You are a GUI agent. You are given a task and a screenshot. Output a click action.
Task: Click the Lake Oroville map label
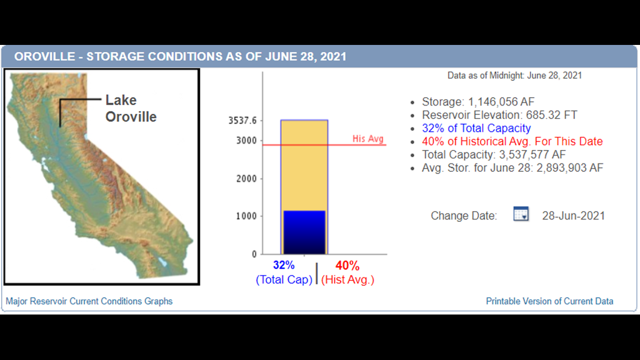131,108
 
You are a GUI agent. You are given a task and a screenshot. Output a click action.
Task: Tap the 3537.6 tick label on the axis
243,120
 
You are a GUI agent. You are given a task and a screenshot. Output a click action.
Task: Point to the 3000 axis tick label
246,140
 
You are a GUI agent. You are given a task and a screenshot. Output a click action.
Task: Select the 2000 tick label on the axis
246,179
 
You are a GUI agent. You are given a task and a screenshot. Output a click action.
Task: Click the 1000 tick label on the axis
246,216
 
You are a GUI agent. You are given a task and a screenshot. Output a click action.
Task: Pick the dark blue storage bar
304,233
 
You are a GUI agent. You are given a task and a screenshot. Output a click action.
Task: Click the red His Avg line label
368,139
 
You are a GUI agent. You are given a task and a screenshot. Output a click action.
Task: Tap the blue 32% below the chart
284,265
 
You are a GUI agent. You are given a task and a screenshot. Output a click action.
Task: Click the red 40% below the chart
348,265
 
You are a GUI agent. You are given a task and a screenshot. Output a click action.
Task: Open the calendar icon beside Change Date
521,214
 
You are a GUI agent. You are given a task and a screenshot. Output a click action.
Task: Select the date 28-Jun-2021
573,216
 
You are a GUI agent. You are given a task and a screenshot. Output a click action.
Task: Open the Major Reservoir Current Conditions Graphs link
89,301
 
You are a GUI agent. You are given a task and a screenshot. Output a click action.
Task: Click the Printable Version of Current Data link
550,301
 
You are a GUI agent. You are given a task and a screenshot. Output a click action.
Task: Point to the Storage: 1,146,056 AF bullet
478,102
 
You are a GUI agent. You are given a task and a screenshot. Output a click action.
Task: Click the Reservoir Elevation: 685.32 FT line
500,115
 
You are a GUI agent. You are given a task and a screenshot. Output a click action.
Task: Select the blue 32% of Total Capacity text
476,128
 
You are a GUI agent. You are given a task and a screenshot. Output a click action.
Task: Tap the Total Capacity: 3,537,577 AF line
494,154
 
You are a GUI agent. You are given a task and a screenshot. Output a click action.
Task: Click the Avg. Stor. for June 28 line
512,168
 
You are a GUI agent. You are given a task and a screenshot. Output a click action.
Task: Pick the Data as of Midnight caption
514,75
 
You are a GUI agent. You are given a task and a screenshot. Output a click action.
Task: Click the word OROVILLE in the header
45,56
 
